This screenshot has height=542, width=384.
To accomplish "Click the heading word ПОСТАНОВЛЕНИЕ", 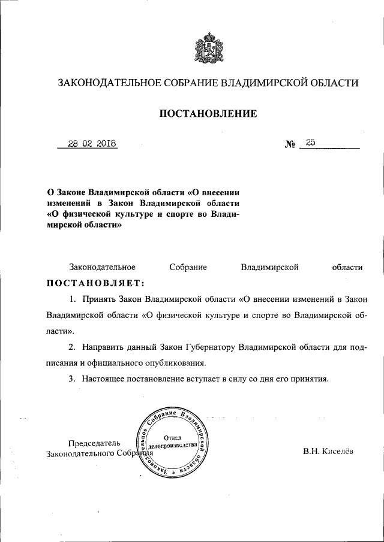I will click(x=208, y=113).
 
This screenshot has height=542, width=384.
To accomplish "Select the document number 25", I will click(x=310, y=143).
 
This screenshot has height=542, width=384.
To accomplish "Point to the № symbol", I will click(x=290, y=144).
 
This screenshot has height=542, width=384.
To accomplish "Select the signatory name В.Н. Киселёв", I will click(x=329, y=451).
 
